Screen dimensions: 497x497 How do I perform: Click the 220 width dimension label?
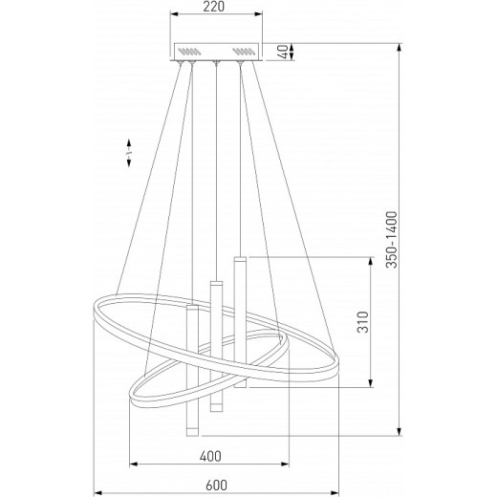[214, 7]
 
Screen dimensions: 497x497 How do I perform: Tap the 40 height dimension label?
[283, 52]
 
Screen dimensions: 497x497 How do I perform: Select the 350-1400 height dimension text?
[392, 240]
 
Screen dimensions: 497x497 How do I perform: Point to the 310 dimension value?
[362, 322]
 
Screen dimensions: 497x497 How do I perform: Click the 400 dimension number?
[210, 457]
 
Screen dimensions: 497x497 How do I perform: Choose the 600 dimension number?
[216, 486]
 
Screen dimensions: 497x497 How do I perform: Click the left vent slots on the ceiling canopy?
[189, 51]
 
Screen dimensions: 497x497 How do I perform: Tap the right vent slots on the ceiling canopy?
[244, 51]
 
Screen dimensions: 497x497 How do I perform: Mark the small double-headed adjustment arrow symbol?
[129, 153]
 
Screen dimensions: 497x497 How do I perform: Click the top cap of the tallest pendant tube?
[240, 259]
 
